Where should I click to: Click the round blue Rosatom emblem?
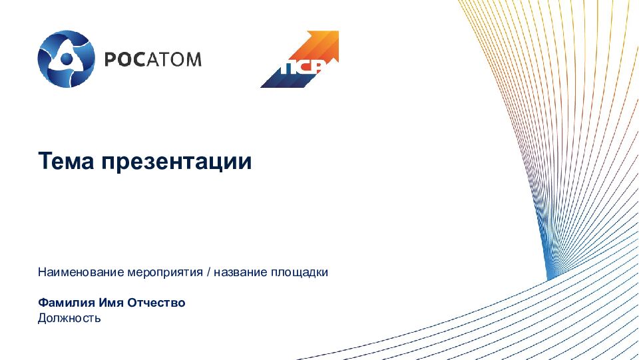coord(67,59)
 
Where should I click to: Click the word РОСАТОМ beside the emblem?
coord(152,59)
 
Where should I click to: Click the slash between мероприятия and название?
coord(208,272)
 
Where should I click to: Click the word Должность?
coord(69,318)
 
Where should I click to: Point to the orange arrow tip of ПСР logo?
coord(333,36)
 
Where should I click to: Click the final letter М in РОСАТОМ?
coord(192,59)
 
